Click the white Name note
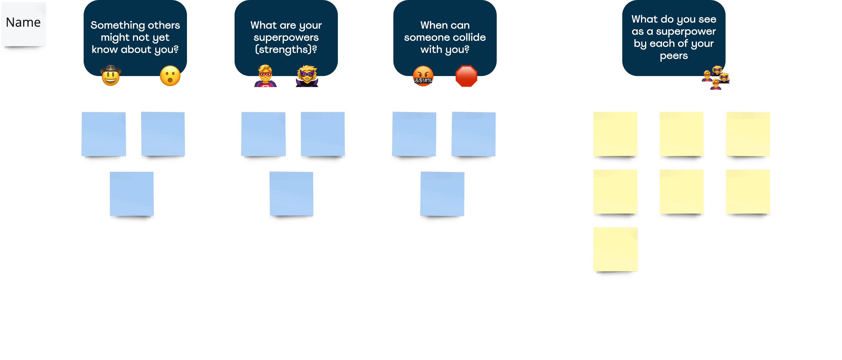[x=23, y=24]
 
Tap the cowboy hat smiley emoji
[x=111, y=76]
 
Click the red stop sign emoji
[x=466, y=77]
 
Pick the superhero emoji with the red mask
[x=265, y=76]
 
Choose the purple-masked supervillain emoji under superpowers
[x=307, y=76]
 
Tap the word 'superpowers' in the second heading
[x=286, y=37]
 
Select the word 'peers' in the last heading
[x=674, y=56]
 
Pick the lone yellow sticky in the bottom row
[x=615, y=249]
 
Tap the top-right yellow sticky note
[x=748, y=134]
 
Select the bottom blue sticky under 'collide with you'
[x=442, y=194]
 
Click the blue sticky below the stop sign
[x=473, y=134]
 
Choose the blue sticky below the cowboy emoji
[x=104, y=134]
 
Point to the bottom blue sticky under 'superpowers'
[x=291, y=194]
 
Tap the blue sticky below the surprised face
[x=163, y=134]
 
